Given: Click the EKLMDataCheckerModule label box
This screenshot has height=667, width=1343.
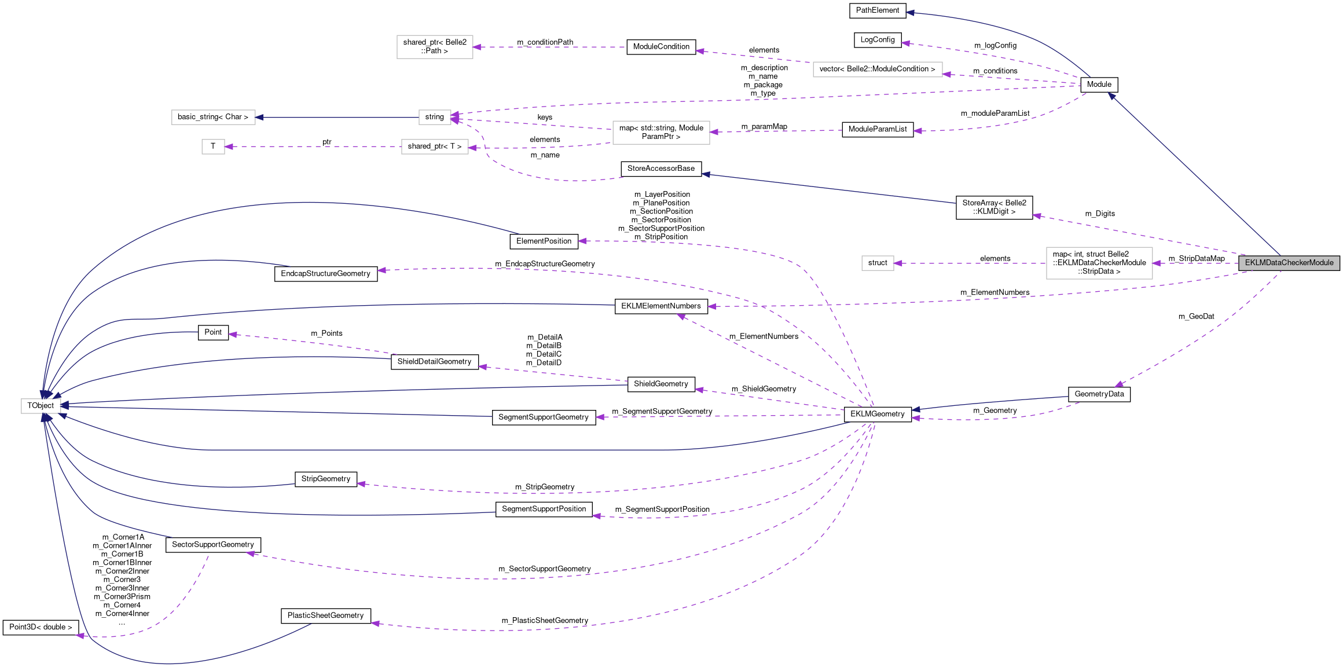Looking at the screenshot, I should tap(1289, 263).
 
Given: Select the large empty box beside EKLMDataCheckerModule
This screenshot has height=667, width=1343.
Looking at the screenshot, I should tap(1099, 263).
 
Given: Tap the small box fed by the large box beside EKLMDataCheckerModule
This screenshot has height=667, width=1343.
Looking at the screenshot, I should tap(878, 263).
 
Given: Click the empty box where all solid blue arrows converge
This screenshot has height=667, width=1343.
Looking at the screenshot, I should tap(41, 406).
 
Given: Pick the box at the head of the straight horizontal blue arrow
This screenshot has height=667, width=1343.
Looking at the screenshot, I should tap(213, 117).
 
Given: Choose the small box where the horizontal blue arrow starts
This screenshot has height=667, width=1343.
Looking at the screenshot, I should tap(435, 117).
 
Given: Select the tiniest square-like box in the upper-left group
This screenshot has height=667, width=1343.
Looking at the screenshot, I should tap(213, 146).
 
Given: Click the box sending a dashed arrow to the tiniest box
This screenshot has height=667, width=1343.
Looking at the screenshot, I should tap(435, 146).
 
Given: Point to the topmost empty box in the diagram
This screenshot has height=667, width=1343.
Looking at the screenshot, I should tap(435, 47).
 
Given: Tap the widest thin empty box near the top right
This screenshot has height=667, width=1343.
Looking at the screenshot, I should tap(878, 69).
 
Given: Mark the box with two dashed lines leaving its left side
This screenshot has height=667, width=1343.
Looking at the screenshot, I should tap(661, 133).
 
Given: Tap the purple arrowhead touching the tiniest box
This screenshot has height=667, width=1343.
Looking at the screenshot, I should tap(229, 146).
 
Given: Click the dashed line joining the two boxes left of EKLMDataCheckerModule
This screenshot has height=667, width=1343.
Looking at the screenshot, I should tap(973, 263).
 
